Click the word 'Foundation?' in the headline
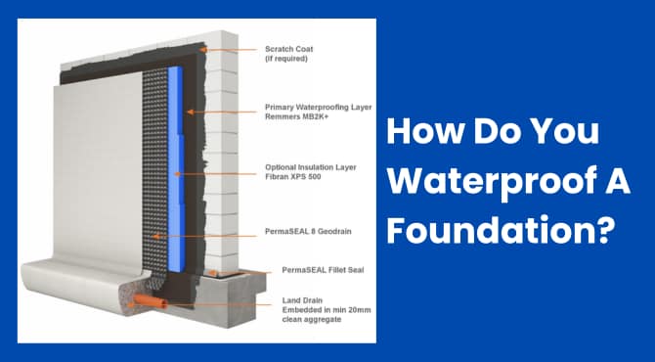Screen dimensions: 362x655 [x=500, y=233]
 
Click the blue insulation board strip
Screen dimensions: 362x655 [x=177, y=147]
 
